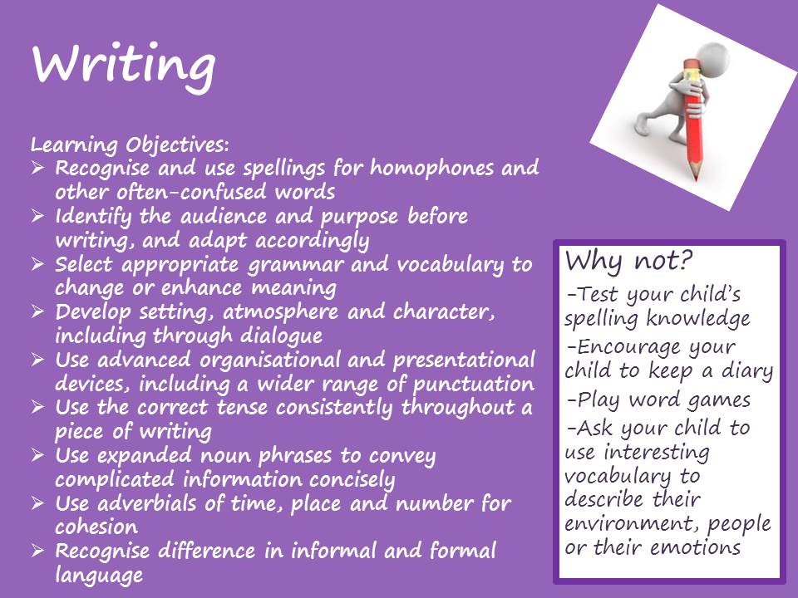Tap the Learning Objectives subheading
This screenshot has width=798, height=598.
[x=130, y=145]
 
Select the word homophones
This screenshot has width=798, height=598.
[x=431, y=168]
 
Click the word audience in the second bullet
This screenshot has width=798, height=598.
[x=224, y=216]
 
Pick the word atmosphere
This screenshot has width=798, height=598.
[x=280, y=311]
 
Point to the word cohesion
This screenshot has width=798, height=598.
[x=96, y=527]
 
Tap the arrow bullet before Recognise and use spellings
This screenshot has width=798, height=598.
[x=37, y=167]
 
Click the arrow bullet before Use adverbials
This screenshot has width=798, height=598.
[x=37, y=503]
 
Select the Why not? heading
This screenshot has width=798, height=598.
[x=628, y=262]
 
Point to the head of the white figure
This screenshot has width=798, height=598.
[x=712, y=57]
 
